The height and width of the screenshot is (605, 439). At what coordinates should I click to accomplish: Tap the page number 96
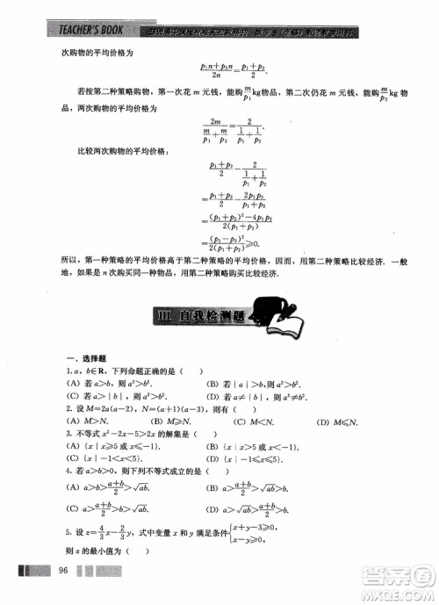pyautogui.click(x=62, y=572)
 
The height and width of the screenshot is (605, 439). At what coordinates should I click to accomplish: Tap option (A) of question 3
pyautogui.click(x=113, y=444)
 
